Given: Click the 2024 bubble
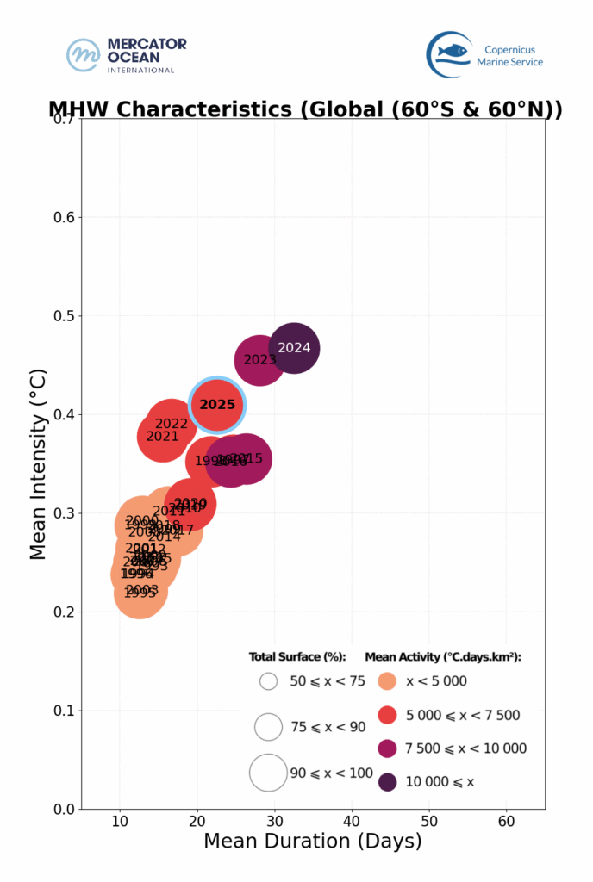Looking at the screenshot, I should [294, 348].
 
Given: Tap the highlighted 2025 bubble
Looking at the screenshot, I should [217, 405].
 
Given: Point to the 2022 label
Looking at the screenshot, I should [172, 424].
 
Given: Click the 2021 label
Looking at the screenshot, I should [162, 437].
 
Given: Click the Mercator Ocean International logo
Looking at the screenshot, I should [127, 55].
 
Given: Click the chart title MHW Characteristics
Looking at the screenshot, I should [305, 109].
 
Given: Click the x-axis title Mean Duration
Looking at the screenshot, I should [312, 842].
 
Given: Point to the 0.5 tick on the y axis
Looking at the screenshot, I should [63, 316].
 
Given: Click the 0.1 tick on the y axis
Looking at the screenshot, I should [63, 711].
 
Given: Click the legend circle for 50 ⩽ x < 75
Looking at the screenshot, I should [268, 681].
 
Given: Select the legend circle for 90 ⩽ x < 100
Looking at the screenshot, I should [268, 773].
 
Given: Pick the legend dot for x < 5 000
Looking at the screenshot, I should [388, 681].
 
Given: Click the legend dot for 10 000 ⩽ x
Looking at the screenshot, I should [388, 782].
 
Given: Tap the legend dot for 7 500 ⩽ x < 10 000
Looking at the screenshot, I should [388, 748].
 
